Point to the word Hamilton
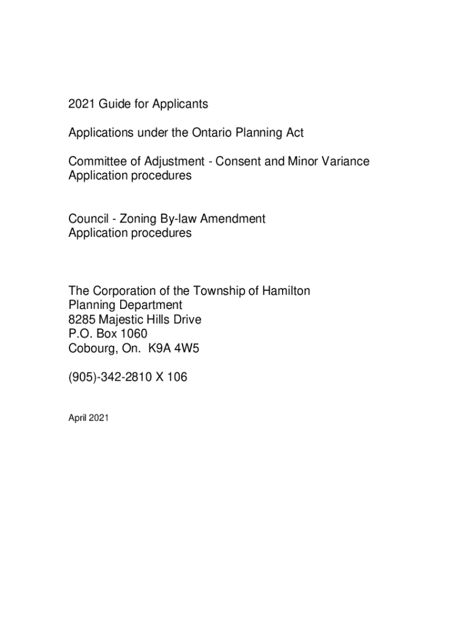286,291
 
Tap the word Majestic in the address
123,320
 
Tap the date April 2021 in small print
88,416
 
